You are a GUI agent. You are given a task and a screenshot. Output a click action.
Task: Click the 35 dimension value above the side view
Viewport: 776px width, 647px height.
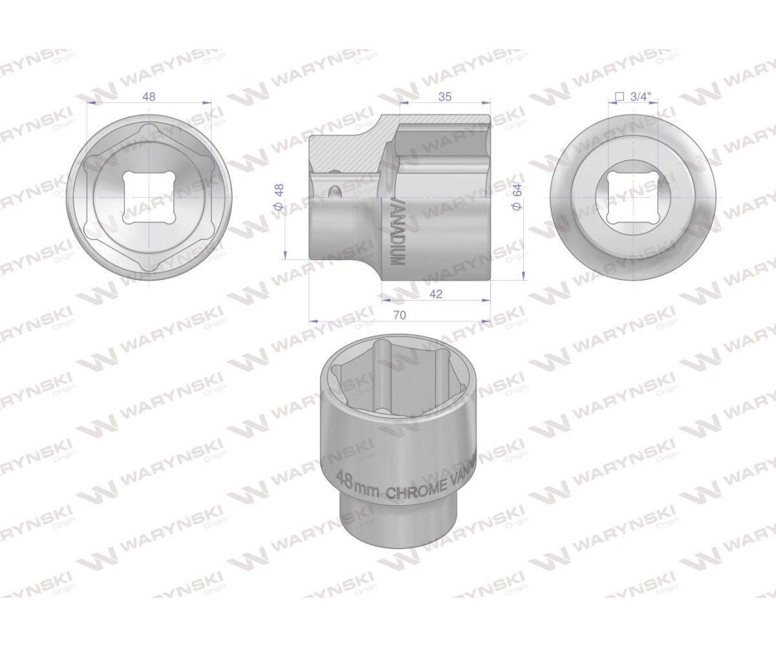(x=444, y=97)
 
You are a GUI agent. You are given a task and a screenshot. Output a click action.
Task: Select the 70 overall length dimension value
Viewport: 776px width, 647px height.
(x=399, y=315)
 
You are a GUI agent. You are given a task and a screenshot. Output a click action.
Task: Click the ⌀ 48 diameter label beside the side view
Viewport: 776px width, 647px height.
(x=279, y=197)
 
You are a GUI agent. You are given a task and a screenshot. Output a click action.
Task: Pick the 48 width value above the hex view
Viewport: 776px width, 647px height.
(x=149, y=97)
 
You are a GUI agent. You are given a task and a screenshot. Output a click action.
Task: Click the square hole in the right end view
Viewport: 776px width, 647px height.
(x=633, y=197)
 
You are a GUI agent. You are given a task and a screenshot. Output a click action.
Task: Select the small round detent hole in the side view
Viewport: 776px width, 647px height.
(x=334, y=192)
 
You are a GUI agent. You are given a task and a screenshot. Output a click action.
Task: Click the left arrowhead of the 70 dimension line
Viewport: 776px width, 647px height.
(x=312, y=320)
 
